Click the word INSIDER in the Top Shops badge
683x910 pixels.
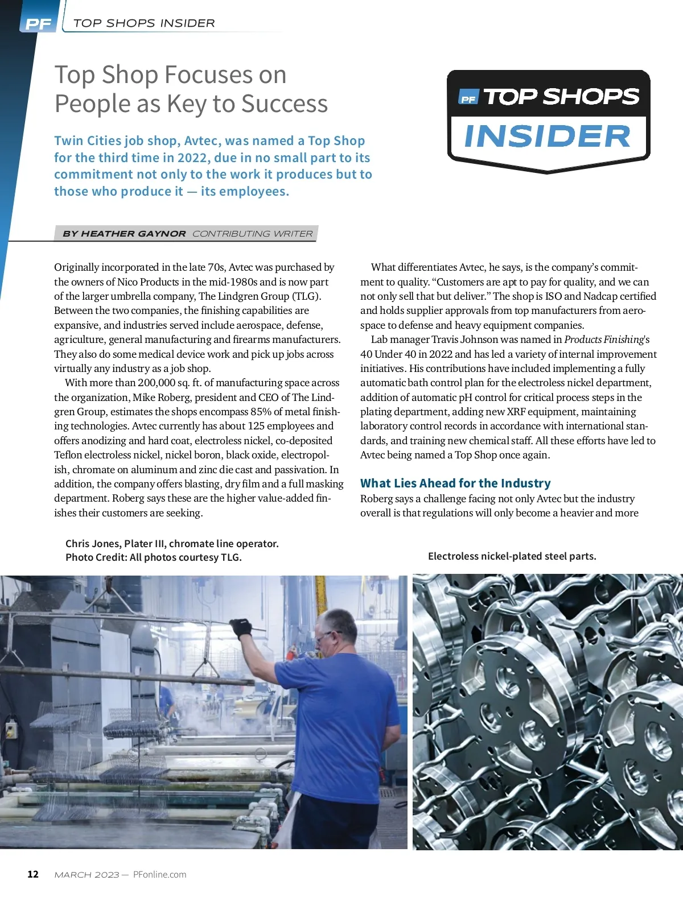point(548,136)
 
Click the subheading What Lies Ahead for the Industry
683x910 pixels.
point(455,483)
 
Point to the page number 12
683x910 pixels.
point(33,874)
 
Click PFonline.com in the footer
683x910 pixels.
point(159,874)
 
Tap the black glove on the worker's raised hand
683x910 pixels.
point(241,627)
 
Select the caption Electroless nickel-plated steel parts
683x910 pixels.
point(512,556)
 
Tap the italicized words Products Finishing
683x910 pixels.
point(603,340)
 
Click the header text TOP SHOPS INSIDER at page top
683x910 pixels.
point(144,23)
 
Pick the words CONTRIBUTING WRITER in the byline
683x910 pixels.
point(252,234)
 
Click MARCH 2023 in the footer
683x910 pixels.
point(87,875)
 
